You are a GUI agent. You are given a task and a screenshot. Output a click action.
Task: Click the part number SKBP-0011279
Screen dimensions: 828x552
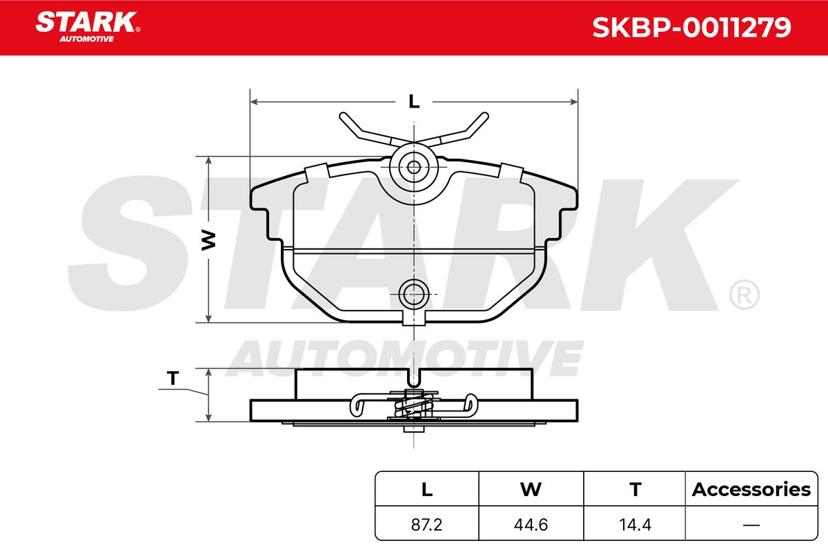(x=691, y=28)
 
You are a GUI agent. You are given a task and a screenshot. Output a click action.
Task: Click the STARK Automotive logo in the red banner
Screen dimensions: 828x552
(x=88, y=27)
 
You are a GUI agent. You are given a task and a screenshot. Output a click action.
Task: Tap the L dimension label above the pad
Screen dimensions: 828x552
(x=414, y=101)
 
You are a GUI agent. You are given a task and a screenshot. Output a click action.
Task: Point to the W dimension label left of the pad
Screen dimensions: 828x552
(x=209, y=240)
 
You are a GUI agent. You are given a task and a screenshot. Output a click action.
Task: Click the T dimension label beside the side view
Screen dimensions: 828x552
(x=172, y=378)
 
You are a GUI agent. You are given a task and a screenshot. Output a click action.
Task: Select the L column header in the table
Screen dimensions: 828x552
(x=427, y=489)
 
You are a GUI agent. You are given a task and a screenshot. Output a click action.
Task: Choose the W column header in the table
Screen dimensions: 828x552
(x=531, y=489)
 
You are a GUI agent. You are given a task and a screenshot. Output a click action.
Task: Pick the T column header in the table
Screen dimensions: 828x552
(x=635, y=489)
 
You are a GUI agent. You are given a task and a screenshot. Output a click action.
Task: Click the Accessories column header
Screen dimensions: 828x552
(x=751, y=489)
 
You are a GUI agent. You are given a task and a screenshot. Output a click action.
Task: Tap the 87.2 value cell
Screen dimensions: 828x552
(x=426, y=524)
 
